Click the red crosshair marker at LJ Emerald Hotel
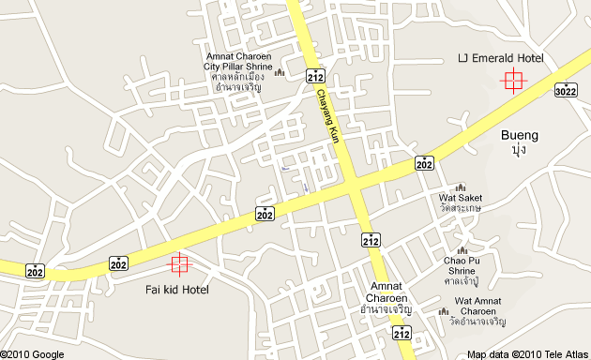pyautogui.click(x=513, y=80)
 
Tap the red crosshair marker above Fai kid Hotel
pyautogui.click(x=178, y=265)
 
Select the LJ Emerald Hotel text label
pyautogui.click(x=500, y=58)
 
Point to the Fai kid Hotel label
pyautogui.click(x=177, y=290)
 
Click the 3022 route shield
pyautogui.click(x=566, y=90)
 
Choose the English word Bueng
pyautogui.click(x=519, y=135)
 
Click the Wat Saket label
pyautogui.click(x=460, y=198)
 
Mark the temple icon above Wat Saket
pyautogui.click(x=460, y=187)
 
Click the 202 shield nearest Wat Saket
pyautogui.click(x=424, y=163)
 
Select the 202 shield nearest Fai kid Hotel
pyautogui.click(x=118, y=263)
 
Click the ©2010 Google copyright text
pyautogui.click(x=33, y=354)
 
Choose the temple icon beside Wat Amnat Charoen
pyautogui.click(x=443, y=311)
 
